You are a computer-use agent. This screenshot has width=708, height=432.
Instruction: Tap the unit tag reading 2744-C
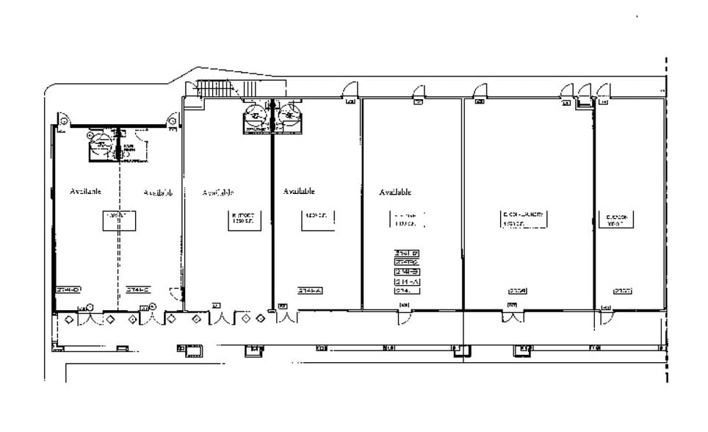click(x=137, y=289)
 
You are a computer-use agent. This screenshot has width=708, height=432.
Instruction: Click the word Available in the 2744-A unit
click(x=299, y=191)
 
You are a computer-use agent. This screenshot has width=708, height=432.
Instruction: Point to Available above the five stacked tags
click(x=395, y=192)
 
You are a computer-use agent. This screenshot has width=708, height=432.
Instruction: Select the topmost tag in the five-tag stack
click(x=407, y=252)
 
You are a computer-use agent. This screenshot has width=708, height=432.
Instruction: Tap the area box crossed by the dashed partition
click(x=118, y=219)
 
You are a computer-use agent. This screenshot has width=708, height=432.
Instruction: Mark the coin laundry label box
click(x=524, y=219)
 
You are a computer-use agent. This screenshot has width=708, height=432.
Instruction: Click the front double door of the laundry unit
click(x=512, y=317)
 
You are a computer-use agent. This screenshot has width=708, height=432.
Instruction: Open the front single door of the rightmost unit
click(x=606, y=317)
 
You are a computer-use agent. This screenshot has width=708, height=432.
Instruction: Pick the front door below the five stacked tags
click(x=405, y=318)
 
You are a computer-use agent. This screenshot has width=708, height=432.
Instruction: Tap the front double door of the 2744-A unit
click(x=287, y=317)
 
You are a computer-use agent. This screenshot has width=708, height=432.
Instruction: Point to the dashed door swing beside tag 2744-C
click(x=176, y=294)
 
